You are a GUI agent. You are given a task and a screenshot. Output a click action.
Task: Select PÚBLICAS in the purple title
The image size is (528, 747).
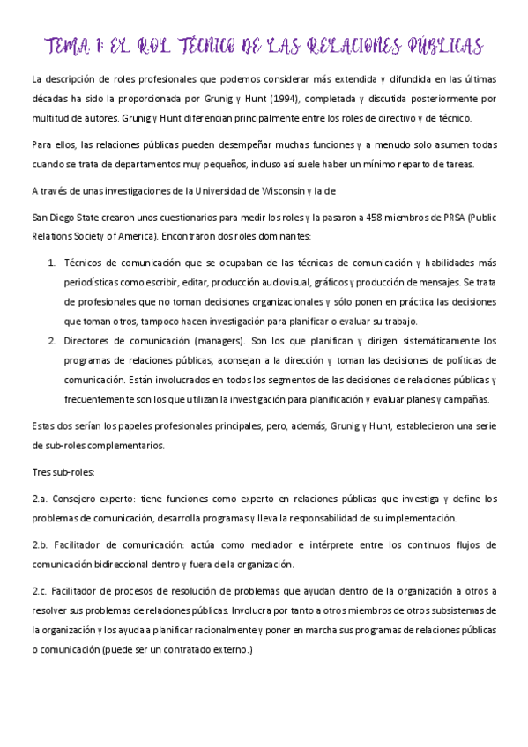coord(442,46)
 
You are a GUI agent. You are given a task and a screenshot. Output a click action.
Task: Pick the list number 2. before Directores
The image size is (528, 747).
coord(51,341)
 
